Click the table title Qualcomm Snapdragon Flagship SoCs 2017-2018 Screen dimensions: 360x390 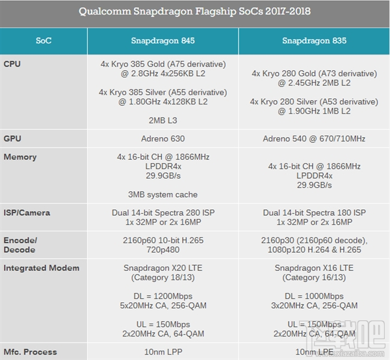pyautogui.click(x=195, y=12)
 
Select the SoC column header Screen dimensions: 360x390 pyautogui.click(x=44, y=40)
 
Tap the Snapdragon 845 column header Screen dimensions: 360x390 pyautogui.click(x=162, y=40)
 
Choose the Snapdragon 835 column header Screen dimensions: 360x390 pyautogui.click(x=314, y=40)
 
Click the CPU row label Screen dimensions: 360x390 pyautogui.click(x=12, y=64)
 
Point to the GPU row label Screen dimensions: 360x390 pyautogui.click(x=12, y=138)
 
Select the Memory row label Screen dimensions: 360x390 pyautogui.click(x=20, y=157)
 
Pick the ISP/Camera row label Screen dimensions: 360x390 pyautogui.click(x=27, y=212)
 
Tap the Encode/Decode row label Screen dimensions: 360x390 pyautogui.click(x=20, y=245)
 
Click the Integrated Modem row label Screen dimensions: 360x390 pyautogui.click(x=42, y=268)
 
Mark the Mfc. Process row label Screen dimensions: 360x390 pyautogui.click(x=30, y=352)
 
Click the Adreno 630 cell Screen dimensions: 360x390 pyautogui.click(x=162, y=138)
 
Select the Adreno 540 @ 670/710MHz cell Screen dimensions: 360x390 pyautogui.click(x=314, y=138)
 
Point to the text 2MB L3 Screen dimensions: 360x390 pyautogui.click(x=162, y=120)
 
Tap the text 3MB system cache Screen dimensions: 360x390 pyautogui.click(x=162, y=194)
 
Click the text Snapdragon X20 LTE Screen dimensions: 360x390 pyautogui.click(x=162, y=268)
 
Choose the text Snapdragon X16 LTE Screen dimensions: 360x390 pyautogui.click(x=314, y=268)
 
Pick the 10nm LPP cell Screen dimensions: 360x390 pyautogui.click(x=162, y=352)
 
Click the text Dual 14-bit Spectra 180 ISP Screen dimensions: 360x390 pyautogui.click(x=314, y=212)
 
